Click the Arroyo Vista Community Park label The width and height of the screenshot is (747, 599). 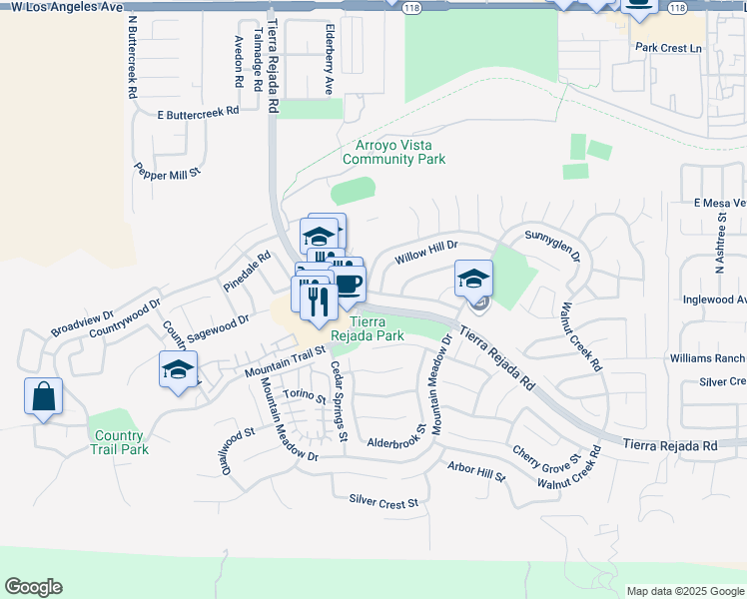pyautogui.click(x=393, y=152)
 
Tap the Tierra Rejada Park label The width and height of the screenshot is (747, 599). pyautogui.click(x=376, y=328)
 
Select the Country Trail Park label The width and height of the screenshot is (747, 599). pyautogui.click(x=119, y=442)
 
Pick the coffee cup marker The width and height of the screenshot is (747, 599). pyautogui.click(x=347, y=284)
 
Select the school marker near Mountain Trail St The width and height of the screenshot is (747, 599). pyautogui.click(x=179, y=369)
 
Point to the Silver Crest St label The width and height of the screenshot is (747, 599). pyautogui.click(x=383, y=502)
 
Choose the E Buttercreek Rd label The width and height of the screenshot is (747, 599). pyautogui.click(x=199, y=112)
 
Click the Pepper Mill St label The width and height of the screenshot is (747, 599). pyautogui.click(x=168, y=172)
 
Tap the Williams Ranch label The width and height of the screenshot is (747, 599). pyautogui.click(x=707, y=358)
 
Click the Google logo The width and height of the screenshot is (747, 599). pyautogui.click(x=33, y=587)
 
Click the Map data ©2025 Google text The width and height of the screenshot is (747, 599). pyautogui.click(x=685, y=591)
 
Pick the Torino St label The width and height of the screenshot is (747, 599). pyautogui.click(x=304, y=396)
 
